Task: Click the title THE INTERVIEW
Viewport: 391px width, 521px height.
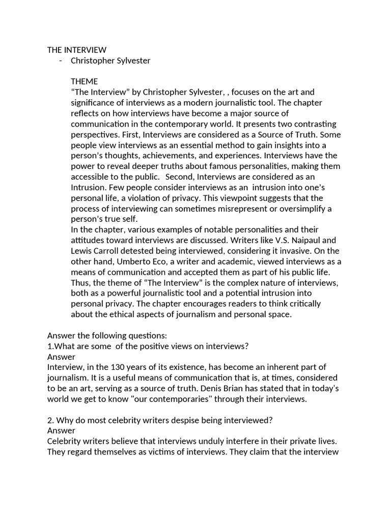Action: (77, 50)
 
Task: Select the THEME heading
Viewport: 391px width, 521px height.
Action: (85, 81)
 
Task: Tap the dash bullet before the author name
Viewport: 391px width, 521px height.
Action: (61, 61)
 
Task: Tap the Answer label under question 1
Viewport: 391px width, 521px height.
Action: (61, 357)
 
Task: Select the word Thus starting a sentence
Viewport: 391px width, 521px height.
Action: (80, 282)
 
